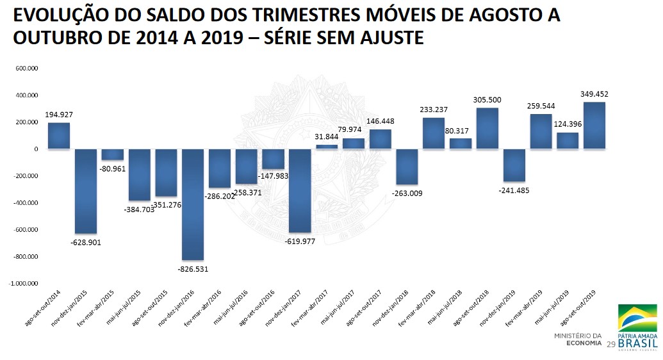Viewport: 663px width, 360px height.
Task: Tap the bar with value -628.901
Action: tap(86, 191)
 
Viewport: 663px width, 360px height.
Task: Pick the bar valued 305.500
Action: tap(487, 128)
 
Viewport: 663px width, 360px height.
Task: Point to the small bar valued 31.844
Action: tap(327, 147)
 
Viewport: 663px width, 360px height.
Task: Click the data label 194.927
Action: tap(59, 115)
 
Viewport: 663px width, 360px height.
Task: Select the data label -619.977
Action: tap(300, 241)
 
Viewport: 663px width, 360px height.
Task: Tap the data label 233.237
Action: tap(434, 110)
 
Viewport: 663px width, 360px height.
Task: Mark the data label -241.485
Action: tap(514, 190)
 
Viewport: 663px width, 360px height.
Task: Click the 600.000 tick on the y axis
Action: tap(28, 68)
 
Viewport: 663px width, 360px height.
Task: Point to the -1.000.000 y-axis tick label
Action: tap(24, 283)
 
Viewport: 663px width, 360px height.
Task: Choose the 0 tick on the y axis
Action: tap(37, 149)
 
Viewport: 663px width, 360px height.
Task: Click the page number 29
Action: tap(610, 345)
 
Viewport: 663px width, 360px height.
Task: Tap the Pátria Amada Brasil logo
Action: tap(636, 327)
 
